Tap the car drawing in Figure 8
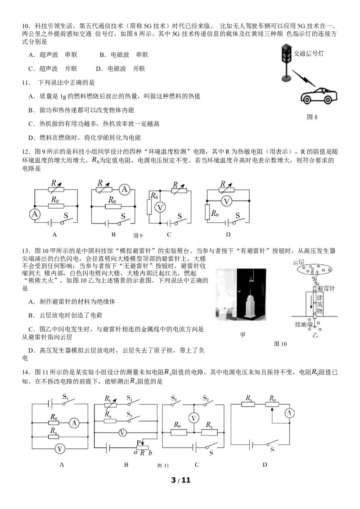tap(319, 96)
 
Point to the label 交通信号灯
tap(309, 54)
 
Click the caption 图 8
tap(312, 117)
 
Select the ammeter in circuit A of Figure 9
tap(35, 214)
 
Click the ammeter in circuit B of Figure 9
tap(124, 189)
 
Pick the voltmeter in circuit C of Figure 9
tap(160, 207)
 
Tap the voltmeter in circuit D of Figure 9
tap(226, 201)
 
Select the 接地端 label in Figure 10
tap(303, 324)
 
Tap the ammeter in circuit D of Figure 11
tap(289, 413)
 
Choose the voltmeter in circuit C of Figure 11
tap(193, 419)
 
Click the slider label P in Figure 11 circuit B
tap(139, 443)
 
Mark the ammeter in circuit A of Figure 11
tap(74, 423)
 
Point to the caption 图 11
tap(163, 465)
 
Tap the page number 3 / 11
tap(180, 480)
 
